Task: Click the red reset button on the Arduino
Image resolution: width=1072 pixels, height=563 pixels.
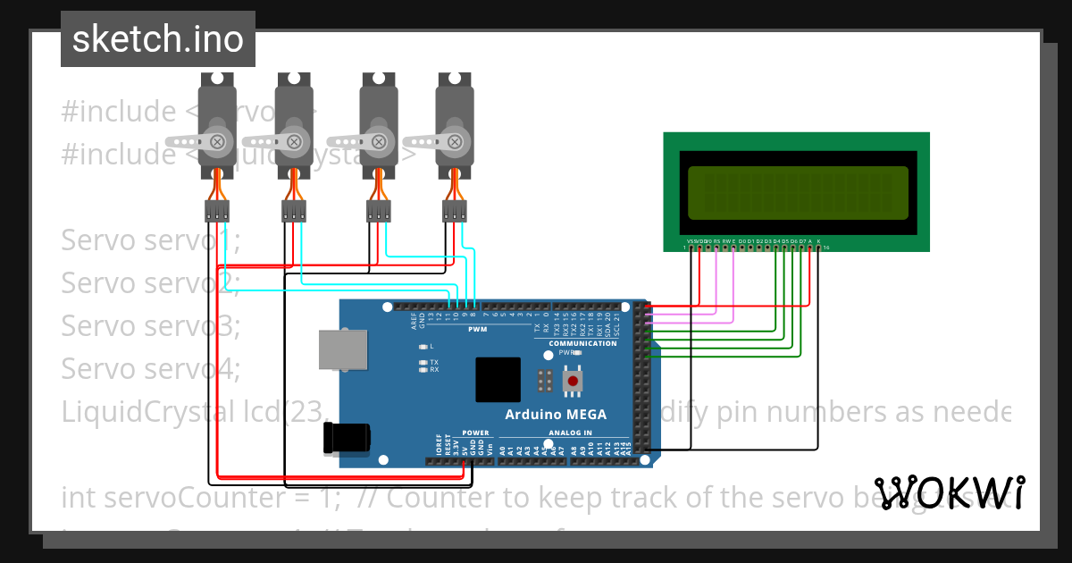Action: point(573,382)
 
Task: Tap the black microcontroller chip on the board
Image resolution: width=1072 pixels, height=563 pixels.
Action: point(498,380)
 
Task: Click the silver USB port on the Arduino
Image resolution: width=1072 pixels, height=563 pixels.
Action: point(342,350)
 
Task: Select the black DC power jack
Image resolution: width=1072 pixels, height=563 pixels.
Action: point(346,438)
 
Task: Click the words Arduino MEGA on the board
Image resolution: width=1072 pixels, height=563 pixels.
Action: point(556,415)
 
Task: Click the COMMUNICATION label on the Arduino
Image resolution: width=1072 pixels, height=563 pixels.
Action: point(582,343)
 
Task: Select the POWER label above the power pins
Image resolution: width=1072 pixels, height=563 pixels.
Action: point(475,433)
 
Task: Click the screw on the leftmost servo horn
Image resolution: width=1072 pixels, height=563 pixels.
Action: point(217,140)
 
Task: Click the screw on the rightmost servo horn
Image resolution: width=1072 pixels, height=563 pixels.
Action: point(455,140)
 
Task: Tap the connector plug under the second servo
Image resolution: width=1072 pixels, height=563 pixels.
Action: point(293,211)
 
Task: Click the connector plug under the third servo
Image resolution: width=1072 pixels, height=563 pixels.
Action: point(379,211)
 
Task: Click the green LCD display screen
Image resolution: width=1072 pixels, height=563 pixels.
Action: point(798,193)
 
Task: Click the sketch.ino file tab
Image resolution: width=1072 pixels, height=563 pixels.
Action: point(158,39)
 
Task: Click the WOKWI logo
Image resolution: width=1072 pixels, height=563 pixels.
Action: point(949,492)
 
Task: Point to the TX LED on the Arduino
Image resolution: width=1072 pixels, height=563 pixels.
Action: point(423,362)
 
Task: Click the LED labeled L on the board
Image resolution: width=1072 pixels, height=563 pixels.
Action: point(423,346)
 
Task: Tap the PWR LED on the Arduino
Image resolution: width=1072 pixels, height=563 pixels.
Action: point(578,353)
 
